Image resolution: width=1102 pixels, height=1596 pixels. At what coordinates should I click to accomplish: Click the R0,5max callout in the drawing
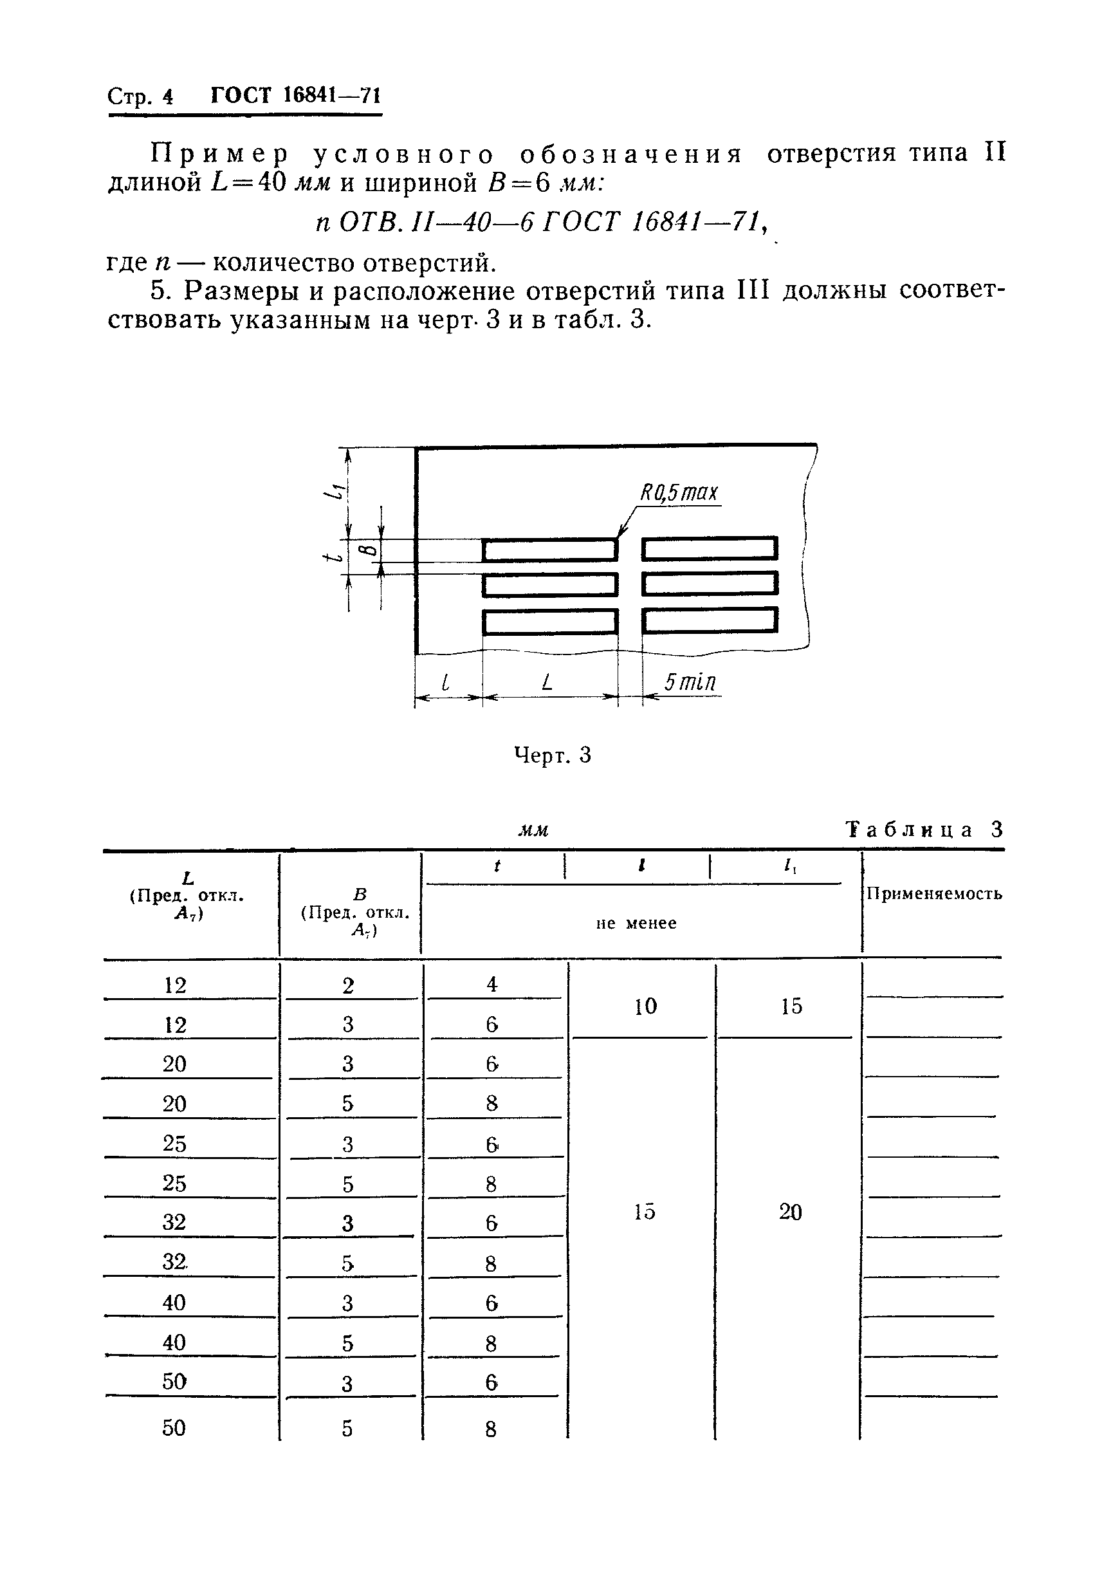(x=679, y=493)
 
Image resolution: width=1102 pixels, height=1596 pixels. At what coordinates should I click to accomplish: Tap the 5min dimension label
(x=690, y=682)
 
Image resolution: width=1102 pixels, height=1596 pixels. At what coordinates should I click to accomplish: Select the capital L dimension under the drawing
(x=547, y=682)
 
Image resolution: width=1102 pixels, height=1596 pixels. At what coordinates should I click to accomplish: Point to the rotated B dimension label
(x=369, y=550)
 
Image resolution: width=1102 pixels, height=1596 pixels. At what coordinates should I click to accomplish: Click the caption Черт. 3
(x=553, y=755)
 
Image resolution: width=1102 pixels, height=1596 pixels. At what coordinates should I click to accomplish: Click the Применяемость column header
(x=933, y=894)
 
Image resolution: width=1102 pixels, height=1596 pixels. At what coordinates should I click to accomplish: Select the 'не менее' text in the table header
(x=636, y=923)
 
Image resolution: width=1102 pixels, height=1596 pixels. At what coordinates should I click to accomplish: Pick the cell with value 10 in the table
(x=645, y=1007)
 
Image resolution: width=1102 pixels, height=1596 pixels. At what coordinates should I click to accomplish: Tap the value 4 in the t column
(x=491, y=984)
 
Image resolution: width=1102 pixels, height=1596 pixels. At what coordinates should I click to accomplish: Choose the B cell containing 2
(x=348, y=985)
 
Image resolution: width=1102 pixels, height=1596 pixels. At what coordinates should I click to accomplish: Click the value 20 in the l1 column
(x=791, y=1211)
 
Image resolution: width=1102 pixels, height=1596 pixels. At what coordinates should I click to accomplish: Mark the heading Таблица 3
(x=924, y=829)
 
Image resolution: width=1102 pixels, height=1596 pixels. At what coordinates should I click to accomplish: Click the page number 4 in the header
(x=168, y=97)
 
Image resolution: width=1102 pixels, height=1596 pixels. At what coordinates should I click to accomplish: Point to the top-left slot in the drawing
(x=549, y=550)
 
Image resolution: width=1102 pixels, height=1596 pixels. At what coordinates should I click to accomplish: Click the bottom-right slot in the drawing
(x=710, y=620)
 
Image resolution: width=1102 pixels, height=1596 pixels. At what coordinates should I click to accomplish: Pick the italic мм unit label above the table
(x=533, y=830)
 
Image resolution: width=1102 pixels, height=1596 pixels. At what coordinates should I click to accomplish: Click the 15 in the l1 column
(x=791, y=1007)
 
